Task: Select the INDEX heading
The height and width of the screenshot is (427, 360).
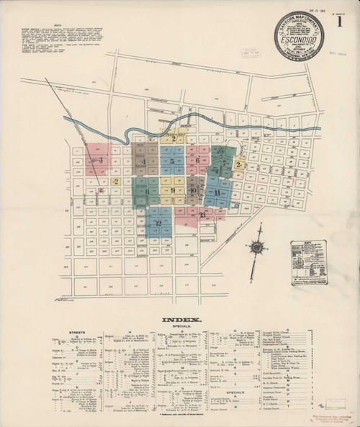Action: tap(181, 319)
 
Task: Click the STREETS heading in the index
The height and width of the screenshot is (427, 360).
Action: tap(77, 332)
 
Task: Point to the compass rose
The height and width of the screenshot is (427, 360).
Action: tap(256, 248)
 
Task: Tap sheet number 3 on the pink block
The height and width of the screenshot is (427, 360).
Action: tap(102, 161)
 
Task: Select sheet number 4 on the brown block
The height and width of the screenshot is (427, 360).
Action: tap(145, 163)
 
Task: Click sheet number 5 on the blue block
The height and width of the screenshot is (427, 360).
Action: tap(172, 161)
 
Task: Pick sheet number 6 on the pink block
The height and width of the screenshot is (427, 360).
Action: tap(197, 161)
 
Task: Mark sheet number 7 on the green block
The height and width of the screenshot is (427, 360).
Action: tap(225, 163)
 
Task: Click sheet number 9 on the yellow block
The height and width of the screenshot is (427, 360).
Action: tap(173, 191)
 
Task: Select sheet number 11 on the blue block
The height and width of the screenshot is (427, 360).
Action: tap(217, 193)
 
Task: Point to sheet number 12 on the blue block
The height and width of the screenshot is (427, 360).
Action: tap(158, 223)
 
